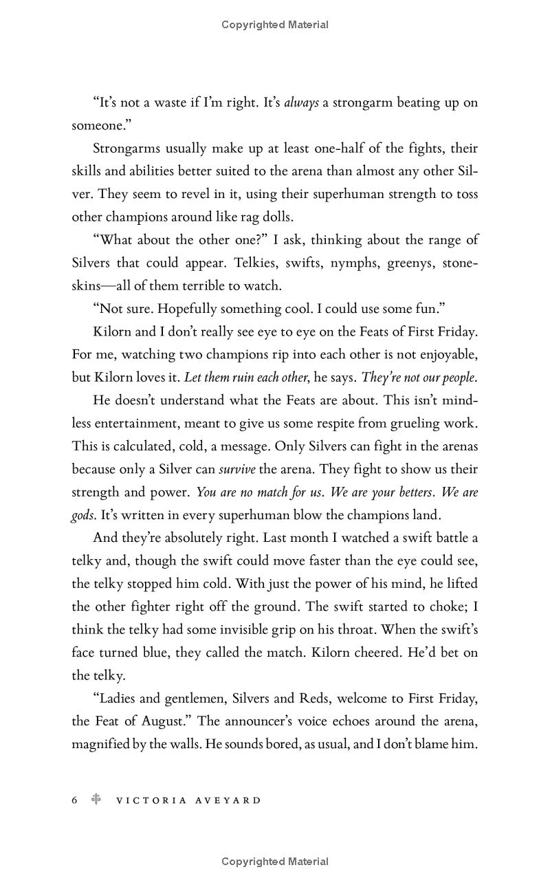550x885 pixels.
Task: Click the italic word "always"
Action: click(301, 103)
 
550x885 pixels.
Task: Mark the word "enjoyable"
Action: click(442, 355)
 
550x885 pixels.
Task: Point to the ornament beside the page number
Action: click(96, 800)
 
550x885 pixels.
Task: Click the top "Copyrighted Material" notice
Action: click(275, 25)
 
